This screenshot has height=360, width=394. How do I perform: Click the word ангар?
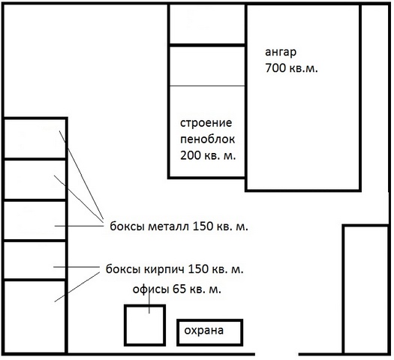coord(281,52)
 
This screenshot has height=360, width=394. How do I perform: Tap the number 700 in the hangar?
coord(275,68)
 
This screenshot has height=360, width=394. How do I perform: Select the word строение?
coord(206,123)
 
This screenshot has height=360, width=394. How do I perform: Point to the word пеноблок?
coord(208,139)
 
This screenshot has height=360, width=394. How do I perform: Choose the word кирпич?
coord(164,269)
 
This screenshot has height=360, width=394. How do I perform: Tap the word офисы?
coord(151,289)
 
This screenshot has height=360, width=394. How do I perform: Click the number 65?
coord(179,289)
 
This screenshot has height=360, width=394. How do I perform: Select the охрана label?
coord(204,331)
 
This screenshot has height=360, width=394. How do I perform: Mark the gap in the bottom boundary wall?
coord(277,354)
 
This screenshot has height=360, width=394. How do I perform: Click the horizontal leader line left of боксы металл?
coord(79,226)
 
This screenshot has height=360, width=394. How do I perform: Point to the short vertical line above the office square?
coord(149,302)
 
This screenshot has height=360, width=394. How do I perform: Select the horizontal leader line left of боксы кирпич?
coord(77,267)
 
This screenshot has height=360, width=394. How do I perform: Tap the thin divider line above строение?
coord(207,85)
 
